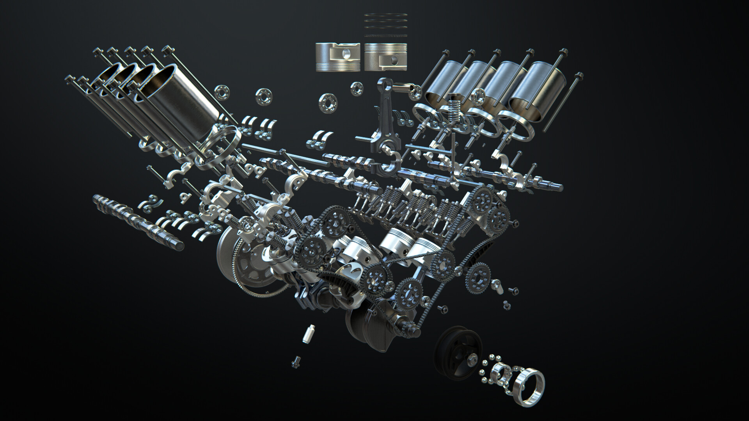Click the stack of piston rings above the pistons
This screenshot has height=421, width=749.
(x=385, y=25)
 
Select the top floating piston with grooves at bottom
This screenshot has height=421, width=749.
(x=337, y=57)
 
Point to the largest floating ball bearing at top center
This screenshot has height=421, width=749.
(x=327, y=103)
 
